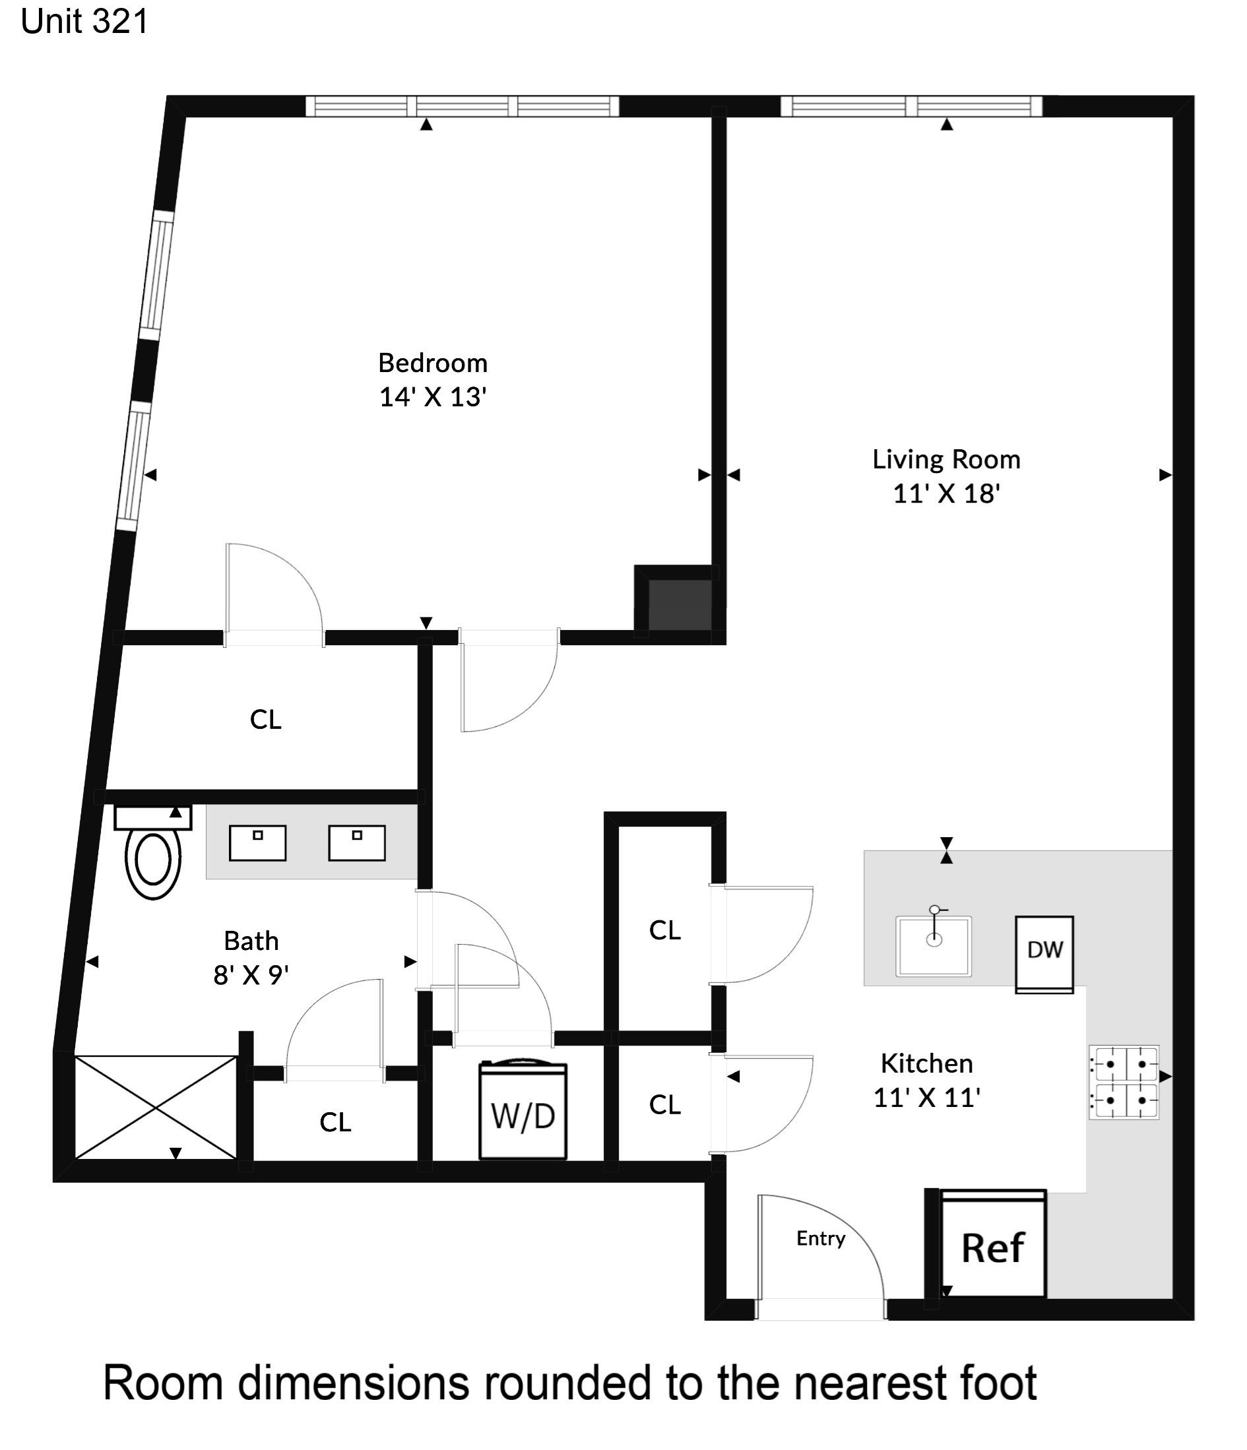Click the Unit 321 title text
pos(84,21)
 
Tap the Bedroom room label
pos(432,363)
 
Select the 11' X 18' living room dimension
pos(946,493)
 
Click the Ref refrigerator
pos(993,1247)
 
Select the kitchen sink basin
pos(934,946)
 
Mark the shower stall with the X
pos(155,1108)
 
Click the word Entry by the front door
pos(821,1239)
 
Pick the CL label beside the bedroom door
pos(266,720)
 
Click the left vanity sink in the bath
pos(257,842)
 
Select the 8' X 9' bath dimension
pos(251,975)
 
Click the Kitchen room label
pos(926,1063)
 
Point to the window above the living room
pos(911,106)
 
